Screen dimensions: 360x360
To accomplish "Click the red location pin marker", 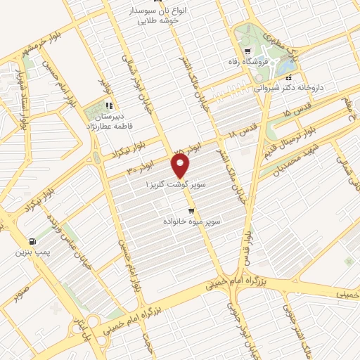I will pyautogui.click(x=181, y=166).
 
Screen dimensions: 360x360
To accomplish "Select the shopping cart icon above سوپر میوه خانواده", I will pyautogui.click(x=191, y=211).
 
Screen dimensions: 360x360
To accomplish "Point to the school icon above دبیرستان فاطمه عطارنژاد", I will pyautogui.click(x=109, y=106).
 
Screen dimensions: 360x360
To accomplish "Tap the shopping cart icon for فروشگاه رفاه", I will pyautogui.click(x=247, y=51).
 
